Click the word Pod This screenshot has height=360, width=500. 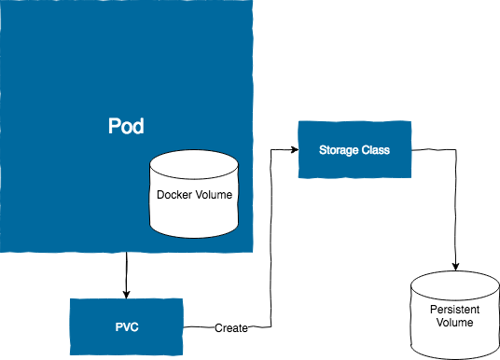(x=126, y=126)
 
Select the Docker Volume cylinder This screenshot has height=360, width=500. (x=194, y=194)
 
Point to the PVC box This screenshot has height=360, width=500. (x=127, y=326)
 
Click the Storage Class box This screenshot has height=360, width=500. (x=354, y=149)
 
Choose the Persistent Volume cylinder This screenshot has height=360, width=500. (x=455, y=315)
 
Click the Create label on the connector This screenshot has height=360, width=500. (x=231, y=327)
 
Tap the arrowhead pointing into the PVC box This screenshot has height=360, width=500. (x=127, y=295)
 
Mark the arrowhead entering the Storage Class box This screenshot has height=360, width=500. (x=294, y=149)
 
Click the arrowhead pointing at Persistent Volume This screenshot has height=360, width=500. (x=455, y=267)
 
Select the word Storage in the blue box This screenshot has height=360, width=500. (x=334, y=150)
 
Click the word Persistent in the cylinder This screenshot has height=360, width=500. (x=454, y=310)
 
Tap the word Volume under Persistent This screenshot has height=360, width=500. (x=454, y=322)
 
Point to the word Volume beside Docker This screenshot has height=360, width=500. (x=214, y=195)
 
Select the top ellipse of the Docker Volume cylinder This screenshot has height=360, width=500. (x=194, y=164)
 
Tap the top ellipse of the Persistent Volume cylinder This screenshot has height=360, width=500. (x=455, y=285)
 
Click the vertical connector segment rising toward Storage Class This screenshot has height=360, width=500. (x=271, y=238)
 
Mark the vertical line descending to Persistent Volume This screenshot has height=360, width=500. (x=455, y=210)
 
